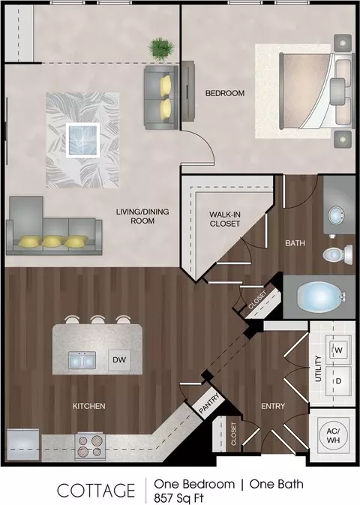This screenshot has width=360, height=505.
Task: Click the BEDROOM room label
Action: click(225, 93)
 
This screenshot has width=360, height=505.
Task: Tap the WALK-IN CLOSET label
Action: click(225, 218)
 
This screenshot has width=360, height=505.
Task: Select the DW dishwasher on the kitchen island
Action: click(119, 359)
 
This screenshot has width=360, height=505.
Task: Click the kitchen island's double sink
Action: click(82, 360)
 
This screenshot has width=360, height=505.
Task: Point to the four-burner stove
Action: click(91, 446)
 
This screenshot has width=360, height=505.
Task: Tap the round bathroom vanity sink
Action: click(336, 215)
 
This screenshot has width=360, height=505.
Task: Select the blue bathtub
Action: click(319, 296)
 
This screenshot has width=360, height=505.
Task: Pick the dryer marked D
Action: click(337, 381)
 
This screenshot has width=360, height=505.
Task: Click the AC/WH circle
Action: click(333, 435)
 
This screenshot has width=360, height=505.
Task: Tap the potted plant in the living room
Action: click(161, 49)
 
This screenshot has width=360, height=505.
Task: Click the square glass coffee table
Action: click(82, 140)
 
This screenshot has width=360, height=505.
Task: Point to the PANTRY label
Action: click(209, 403)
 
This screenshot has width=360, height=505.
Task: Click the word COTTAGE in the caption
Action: click(96, 491)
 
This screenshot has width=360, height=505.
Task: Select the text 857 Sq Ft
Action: click(178, 498)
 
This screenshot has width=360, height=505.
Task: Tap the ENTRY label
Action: click(273, 406)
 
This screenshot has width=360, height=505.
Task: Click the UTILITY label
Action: click(318, 368)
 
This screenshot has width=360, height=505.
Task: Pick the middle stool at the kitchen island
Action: click(97, 320)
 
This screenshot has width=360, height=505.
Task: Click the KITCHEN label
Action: click(89, 406)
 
